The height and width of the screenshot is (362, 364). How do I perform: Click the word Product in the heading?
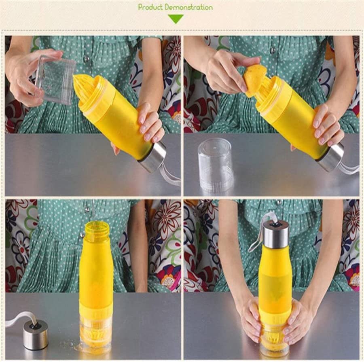[150, 7]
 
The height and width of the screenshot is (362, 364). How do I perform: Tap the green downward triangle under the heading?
[176, 19]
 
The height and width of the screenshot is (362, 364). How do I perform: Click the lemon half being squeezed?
[255, 80]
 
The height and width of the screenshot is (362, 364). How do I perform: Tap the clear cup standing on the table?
[216, 164]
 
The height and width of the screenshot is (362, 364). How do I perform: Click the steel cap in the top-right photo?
[330, 157]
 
